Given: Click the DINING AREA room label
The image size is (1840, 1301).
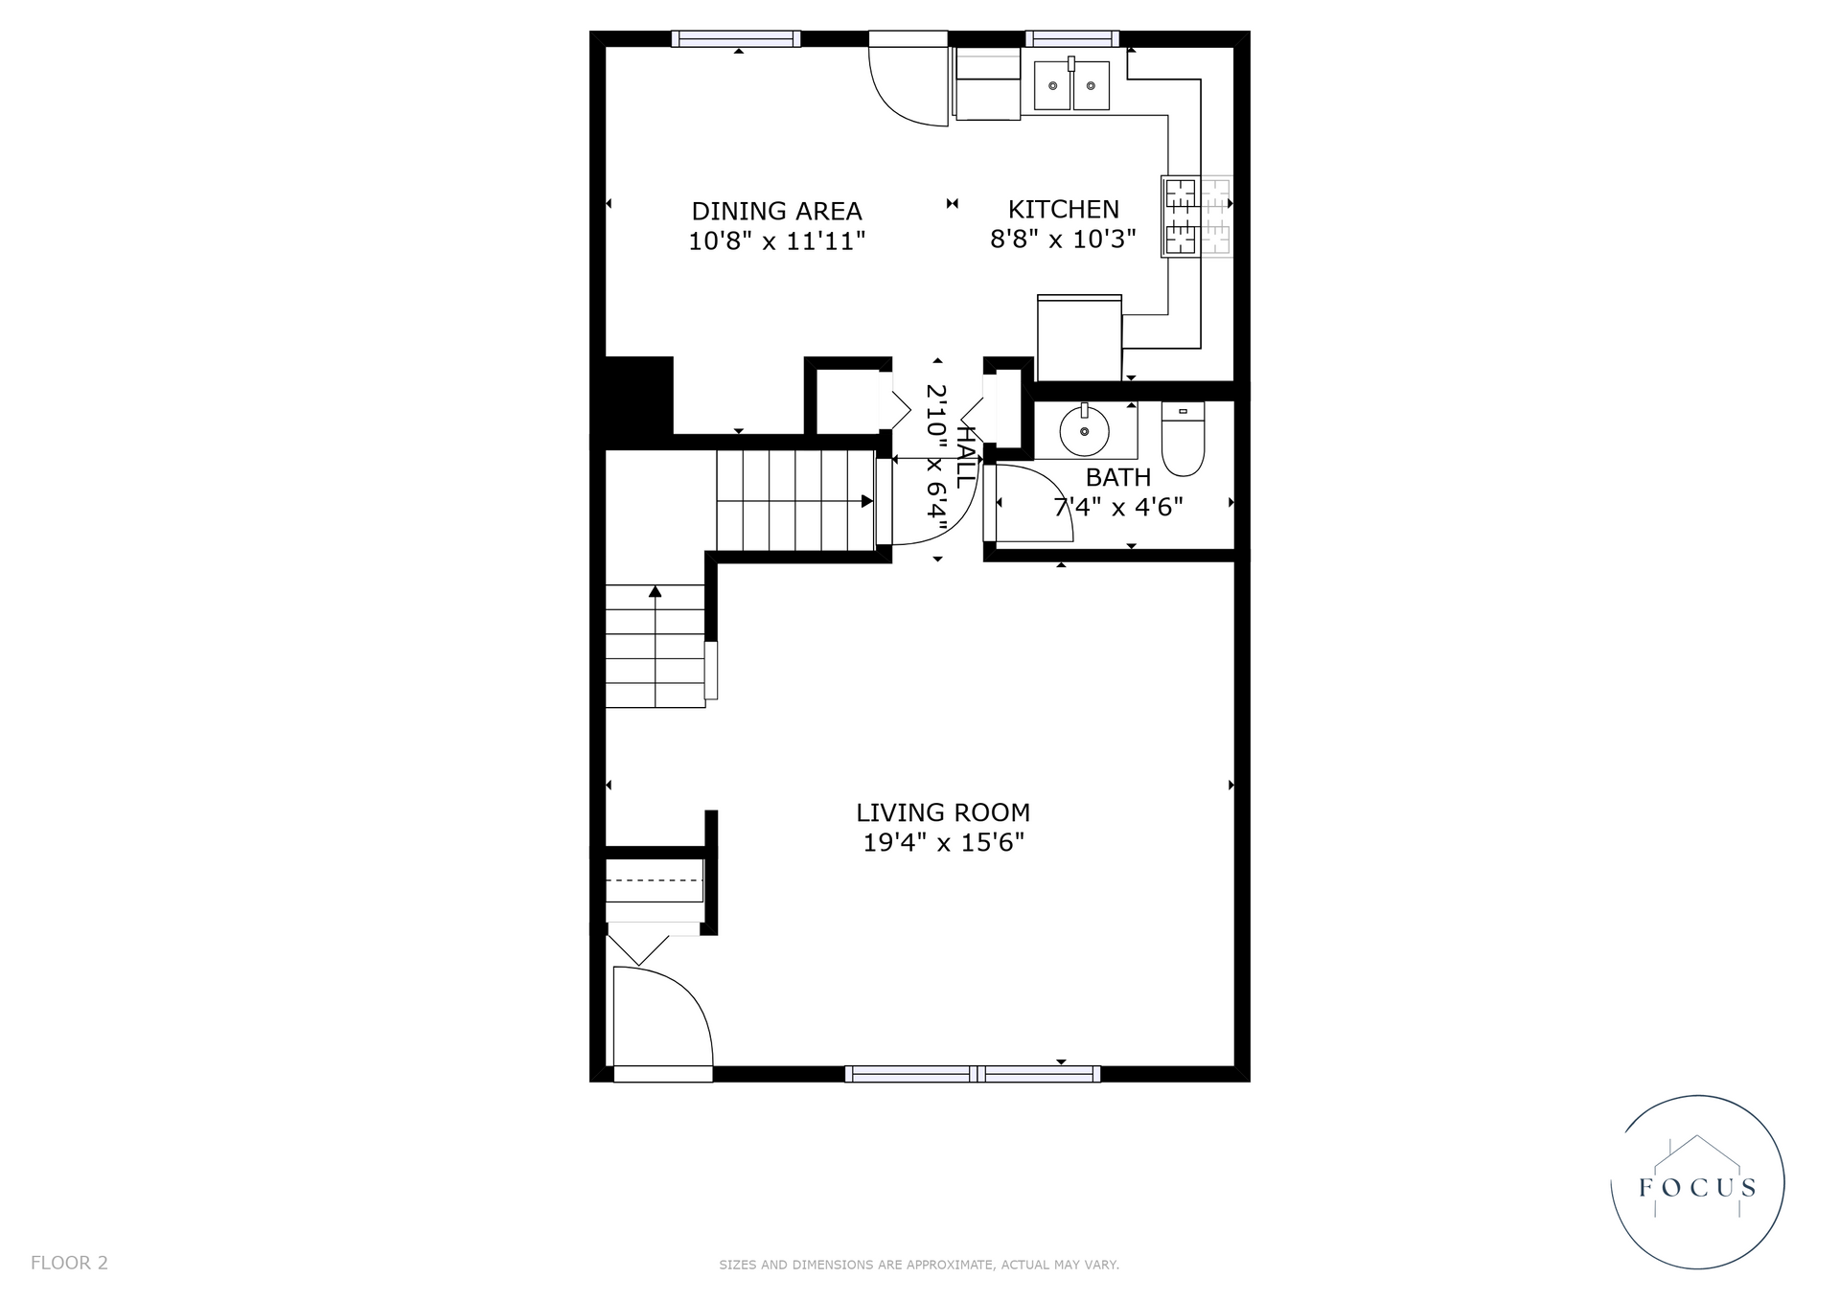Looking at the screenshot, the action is [776, 211].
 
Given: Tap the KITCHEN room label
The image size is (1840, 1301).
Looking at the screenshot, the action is [1063, 209].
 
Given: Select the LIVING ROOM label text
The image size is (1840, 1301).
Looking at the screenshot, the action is [943, 812].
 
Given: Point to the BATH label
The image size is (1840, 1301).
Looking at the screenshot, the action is [1118, 476].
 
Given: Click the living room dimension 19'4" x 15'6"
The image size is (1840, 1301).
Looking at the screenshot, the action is [943, 843].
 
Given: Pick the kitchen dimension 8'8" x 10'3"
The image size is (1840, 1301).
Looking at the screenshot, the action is [1063, 239].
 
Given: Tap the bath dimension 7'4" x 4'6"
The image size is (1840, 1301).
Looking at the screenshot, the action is [1118, 506].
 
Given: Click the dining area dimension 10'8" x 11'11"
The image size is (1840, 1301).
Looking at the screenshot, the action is [776, 240].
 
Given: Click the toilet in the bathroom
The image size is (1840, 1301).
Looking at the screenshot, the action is [1183, 439].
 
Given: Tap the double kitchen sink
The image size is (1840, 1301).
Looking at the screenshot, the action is [1071, 84].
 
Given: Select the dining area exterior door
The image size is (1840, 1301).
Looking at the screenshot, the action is [908, 79].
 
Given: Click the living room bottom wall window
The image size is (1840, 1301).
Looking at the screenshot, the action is [973, 1074].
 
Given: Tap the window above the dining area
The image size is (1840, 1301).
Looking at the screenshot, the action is [736, 38].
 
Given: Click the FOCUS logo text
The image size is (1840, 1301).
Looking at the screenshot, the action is [1697, 1189].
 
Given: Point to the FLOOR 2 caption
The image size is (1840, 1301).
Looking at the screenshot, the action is [69, 1263].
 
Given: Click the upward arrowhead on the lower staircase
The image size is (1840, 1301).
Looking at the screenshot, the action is [655, 591].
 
